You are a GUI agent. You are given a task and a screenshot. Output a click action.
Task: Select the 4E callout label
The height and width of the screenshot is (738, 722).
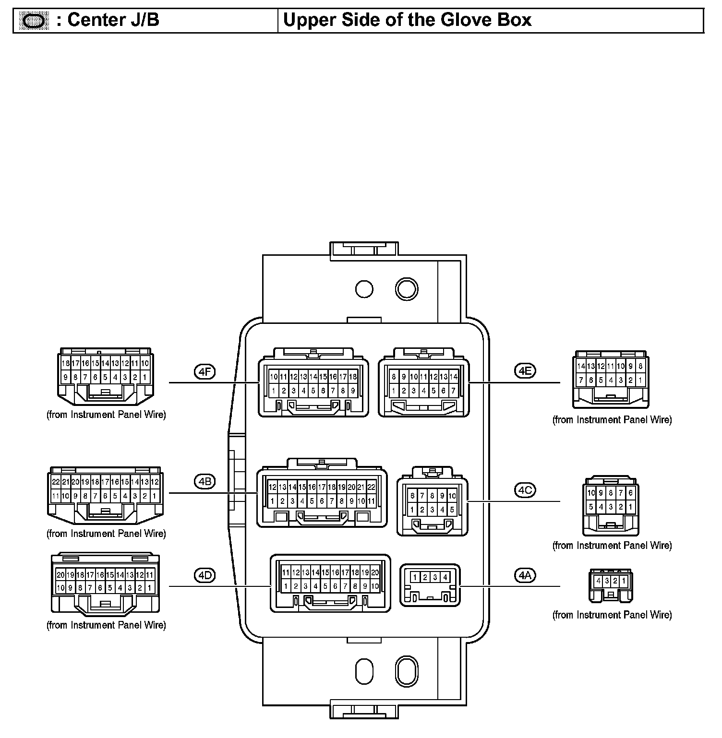(x=524, y=371)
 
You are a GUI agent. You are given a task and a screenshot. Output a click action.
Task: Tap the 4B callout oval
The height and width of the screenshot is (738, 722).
(x=205, y=481)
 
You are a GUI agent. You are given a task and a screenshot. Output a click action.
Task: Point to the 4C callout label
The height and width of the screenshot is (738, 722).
(x=524, y=490)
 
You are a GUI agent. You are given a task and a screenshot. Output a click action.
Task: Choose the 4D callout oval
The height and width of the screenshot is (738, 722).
(x=205, y=575)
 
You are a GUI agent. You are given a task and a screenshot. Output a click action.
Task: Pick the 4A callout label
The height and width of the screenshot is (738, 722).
(x=524, y=575)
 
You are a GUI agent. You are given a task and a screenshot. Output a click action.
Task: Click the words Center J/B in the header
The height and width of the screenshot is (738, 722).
(x=113, y=20)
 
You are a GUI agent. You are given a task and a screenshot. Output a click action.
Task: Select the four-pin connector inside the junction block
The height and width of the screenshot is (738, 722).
(x=430, y=584)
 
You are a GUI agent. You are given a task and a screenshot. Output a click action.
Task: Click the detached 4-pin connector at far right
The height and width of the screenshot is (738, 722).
(x=611, y=585)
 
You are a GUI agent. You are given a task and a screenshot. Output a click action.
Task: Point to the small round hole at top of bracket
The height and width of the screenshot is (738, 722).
(x=364, y=289)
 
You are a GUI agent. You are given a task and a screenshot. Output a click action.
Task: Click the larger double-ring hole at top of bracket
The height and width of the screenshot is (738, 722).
(x=406, y=289)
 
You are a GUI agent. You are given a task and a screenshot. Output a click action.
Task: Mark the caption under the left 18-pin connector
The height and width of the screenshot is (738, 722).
(x=106, y=415)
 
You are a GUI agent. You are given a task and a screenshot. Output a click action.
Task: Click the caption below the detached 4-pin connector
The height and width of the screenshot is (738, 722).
(x=612, y=615)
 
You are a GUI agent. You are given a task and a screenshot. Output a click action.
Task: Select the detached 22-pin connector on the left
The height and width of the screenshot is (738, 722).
(x=106, y=495)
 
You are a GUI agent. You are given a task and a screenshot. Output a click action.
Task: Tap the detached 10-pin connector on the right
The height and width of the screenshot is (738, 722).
(x=611, y=506)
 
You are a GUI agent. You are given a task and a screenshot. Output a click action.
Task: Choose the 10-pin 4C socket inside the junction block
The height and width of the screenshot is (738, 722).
(x=432, y=506)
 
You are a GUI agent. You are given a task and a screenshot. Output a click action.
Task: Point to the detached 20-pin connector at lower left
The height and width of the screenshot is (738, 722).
(x=106, y=584)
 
